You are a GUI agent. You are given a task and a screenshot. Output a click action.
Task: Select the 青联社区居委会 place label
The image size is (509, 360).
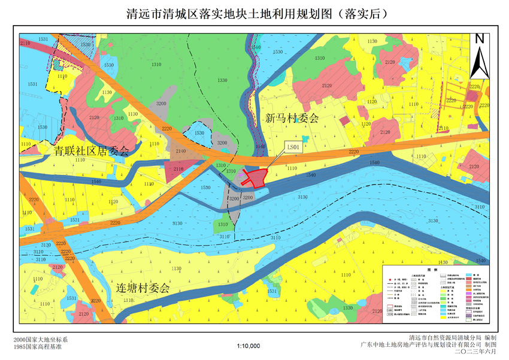coord(90,151)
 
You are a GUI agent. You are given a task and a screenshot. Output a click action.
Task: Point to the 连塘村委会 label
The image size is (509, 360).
coord(143,288)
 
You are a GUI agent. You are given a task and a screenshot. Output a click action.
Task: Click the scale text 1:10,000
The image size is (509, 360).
coord(249,346)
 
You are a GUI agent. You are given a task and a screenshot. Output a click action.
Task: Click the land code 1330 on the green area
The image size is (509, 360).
coord(222,80)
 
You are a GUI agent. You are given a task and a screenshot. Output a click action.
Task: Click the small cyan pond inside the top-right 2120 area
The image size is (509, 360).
coord(408,62)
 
